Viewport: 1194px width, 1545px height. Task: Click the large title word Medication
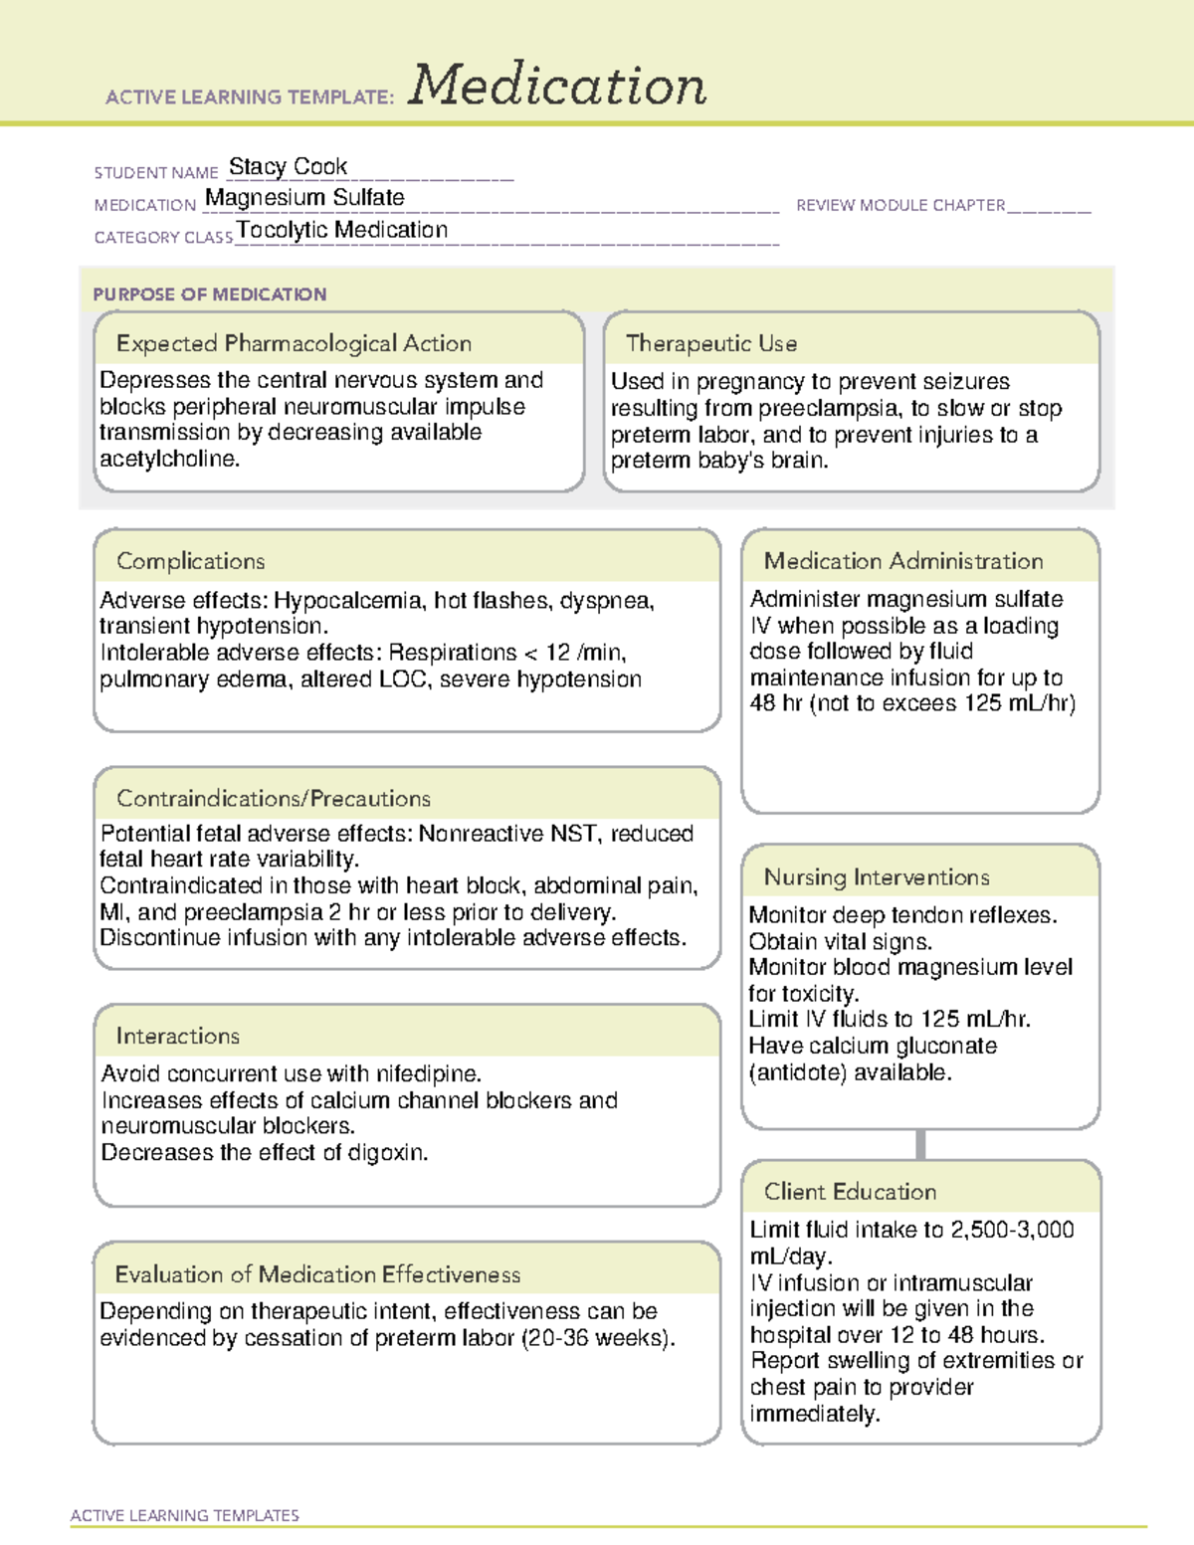(x=557, y=86)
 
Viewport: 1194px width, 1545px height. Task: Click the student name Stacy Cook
(x=288, y=166)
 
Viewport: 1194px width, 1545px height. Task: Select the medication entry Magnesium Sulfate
(x=304, y=198)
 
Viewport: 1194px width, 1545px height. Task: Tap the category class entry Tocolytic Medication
(x=342, y=230)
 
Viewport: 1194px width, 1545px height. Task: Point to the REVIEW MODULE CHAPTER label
(x=900, y=205)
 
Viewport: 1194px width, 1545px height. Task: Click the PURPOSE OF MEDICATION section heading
(x=209, y=294)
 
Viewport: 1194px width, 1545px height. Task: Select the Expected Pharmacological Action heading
(x=294, y=343)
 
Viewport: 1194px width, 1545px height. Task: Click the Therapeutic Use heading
(x=710, y=343)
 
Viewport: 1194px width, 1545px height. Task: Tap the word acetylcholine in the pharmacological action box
(x=167, y=460)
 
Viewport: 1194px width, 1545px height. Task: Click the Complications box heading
(x=190, y=561)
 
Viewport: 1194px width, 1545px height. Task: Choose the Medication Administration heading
(x=902, y=561)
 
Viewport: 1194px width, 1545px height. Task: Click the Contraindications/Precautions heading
(x=273, y=799)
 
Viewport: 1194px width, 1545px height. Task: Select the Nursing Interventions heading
(x=876, y=877)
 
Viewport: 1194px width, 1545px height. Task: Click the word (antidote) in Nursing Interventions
(x=794, y=1072)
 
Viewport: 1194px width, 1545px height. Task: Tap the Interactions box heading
(x=177, y=1037)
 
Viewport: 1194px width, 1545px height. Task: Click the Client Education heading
(x=850, y=1192)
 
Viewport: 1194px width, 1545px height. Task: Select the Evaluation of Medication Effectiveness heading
(x=317, y=1274)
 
